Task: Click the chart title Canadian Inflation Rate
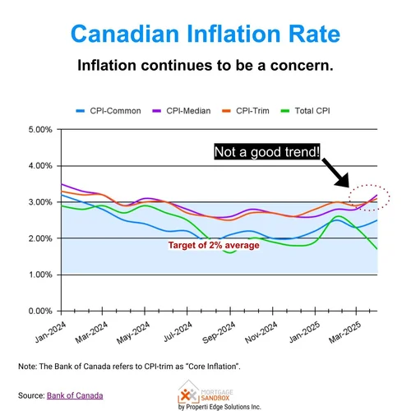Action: coord(205,35)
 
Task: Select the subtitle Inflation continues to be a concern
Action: coord(205,65)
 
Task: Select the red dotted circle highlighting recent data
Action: coord(368,197)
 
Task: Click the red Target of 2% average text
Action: coord(214,245)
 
